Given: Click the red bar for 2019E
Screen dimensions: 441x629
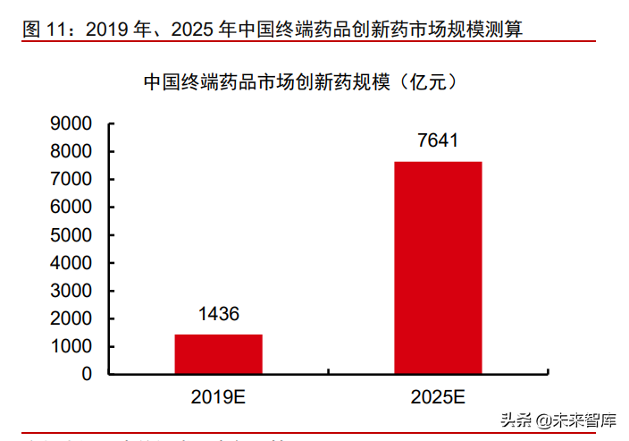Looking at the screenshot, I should point(218,353).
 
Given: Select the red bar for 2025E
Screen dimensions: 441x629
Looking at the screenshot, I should point(439,267).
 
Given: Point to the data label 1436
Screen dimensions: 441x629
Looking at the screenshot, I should point(218,314).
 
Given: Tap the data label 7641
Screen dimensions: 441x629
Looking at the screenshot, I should point(438,140).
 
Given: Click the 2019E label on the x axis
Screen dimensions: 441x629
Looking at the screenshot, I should point(218,397).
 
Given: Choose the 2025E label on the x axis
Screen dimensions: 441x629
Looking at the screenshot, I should point(439,397).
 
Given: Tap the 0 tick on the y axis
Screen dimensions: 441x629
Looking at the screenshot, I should point(88,374).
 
